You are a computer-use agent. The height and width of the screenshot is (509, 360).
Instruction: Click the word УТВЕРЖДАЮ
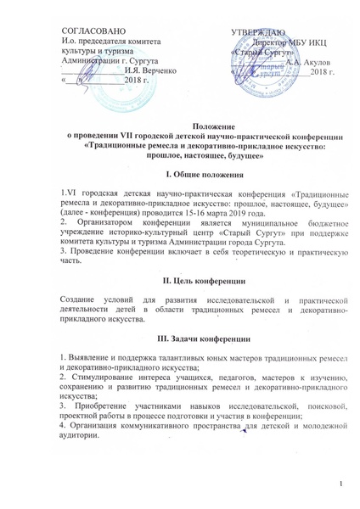click(262, 31)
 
